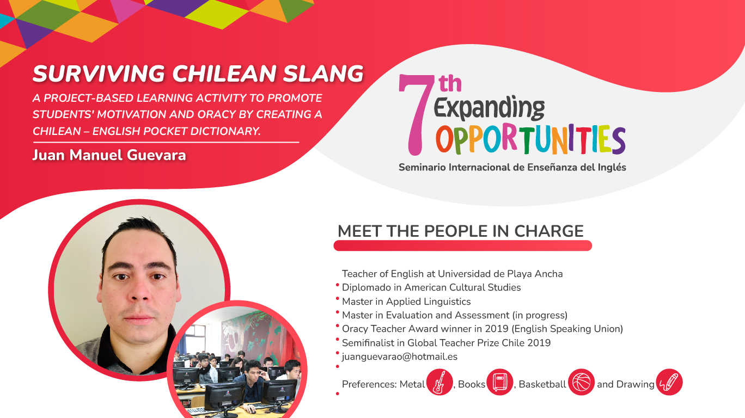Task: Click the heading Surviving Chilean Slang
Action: coord(198,73)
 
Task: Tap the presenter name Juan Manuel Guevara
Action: coord(109,155)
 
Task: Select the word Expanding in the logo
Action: coord(489,108)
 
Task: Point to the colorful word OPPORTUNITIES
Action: coord(531,139)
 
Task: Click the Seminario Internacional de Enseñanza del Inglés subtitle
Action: coord(512,167)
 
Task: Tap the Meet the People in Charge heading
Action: coord(461,231)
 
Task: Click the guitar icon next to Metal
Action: coord(439,382)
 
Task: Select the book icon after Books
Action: coord(499,382)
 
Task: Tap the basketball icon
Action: coord(581,382)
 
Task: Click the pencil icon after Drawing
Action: coord(669,382)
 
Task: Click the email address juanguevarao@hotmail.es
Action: coord(400,356)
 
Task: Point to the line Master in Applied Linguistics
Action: coord(406,302)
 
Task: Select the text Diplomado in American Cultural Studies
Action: coord(431,287)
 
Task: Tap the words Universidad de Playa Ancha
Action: coord(500,274)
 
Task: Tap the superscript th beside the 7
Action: coord(450,83)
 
